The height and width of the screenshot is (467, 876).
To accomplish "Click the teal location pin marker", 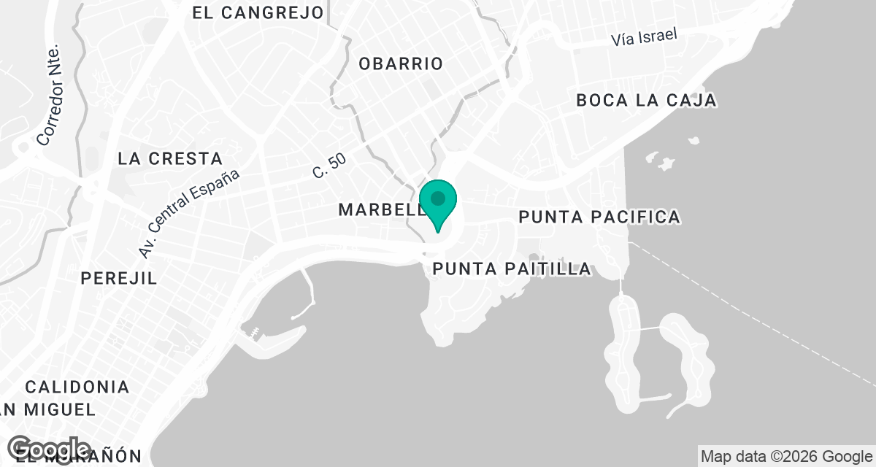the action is click(x=438, y=205).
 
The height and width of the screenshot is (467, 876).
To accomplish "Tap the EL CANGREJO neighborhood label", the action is click(x=258, y=12).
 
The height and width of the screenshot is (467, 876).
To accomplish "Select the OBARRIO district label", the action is click(x=401, y=63).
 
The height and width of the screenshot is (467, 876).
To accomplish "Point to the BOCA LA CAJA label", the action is click(x=646, y=101).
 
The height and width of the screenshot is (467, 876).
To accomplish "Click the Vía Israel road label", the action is click(x=645, y=38).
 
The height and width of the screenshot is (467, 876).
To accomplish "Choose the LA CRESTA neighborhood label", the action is click(x=169, y=158).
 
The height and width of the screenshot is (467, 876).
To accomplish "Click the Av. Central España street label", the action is click(x=189, y=214).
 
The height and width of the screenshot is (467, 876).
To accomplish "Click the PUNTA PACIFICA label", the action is click(x=599, y=217).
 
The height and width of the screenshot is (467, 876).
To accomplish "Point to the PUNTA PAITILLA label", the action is click(x=512, y=269).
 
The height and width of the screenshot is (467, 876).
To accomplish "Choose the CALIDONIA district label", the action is click(x=77, y=387).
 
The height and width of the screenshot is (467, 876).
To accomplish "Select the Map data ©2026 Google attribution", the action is click(x=786, y=457).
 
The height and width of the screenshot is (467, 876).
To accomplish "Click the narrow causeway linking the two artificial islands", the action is click(x=650, y=329).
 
